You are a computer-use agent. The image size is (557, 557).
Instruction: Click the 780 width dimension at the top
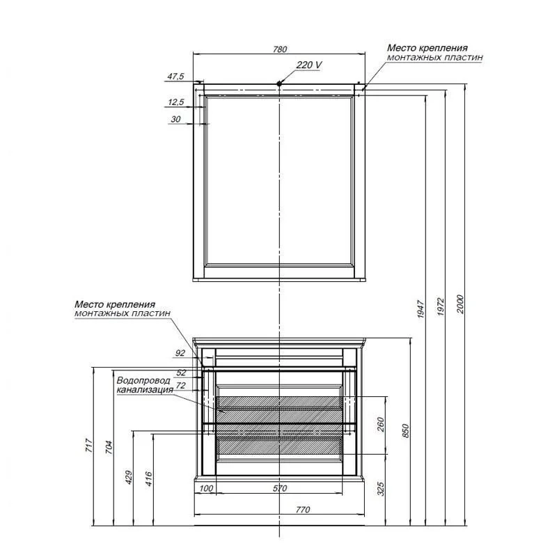point(280,49)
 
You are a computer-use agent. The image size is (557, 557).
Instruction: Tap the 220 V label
point(309,65)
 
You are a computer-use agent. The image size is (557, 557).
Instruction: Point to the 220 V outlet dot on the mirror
point(280,84)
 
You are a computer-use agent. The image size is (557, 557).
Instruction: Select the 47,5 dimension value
point(175,76)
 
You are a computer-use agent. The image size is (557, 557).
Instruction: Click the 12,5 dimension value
point(176,102)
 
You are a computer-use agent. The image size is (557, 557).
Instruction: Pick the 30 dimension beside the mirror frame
point(175,119)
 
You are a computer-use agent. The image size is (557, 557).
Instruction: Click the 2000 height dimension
point(460,304)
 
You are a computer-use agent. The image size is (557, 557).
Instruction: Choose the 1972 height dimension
point(441,306)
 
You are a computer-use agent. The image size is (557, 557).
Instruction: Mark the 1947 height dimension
point(421,308)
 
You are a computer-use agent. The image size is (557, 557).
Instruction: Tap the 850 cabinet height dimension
point(406,430)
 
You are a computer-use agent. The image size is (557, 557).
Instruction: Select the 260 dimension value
point(380,425)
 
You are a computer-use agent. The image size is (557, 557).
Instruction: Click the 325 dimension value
point(380,489)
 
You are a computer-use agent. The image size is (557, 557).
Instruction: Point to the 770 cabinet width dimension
point(303,510)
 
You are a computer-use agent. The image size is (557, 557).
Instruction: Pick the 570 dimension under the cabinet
point(280,489)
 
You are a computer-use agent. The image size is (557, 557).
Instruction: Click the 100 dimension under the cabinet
point(206,489)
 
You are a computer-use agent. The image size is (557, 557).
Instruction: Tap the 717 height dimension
point(89,446)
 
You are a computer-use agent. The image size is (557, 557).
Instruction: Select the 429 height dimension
point(129,478)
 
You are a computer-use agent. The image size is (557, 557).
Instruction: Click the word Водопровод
point(143,380)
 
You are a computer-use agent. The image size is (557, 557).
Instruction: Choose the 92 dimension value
point(180,353)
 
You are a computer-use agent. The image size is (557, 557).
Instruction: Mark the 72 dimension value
point(181,385)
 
